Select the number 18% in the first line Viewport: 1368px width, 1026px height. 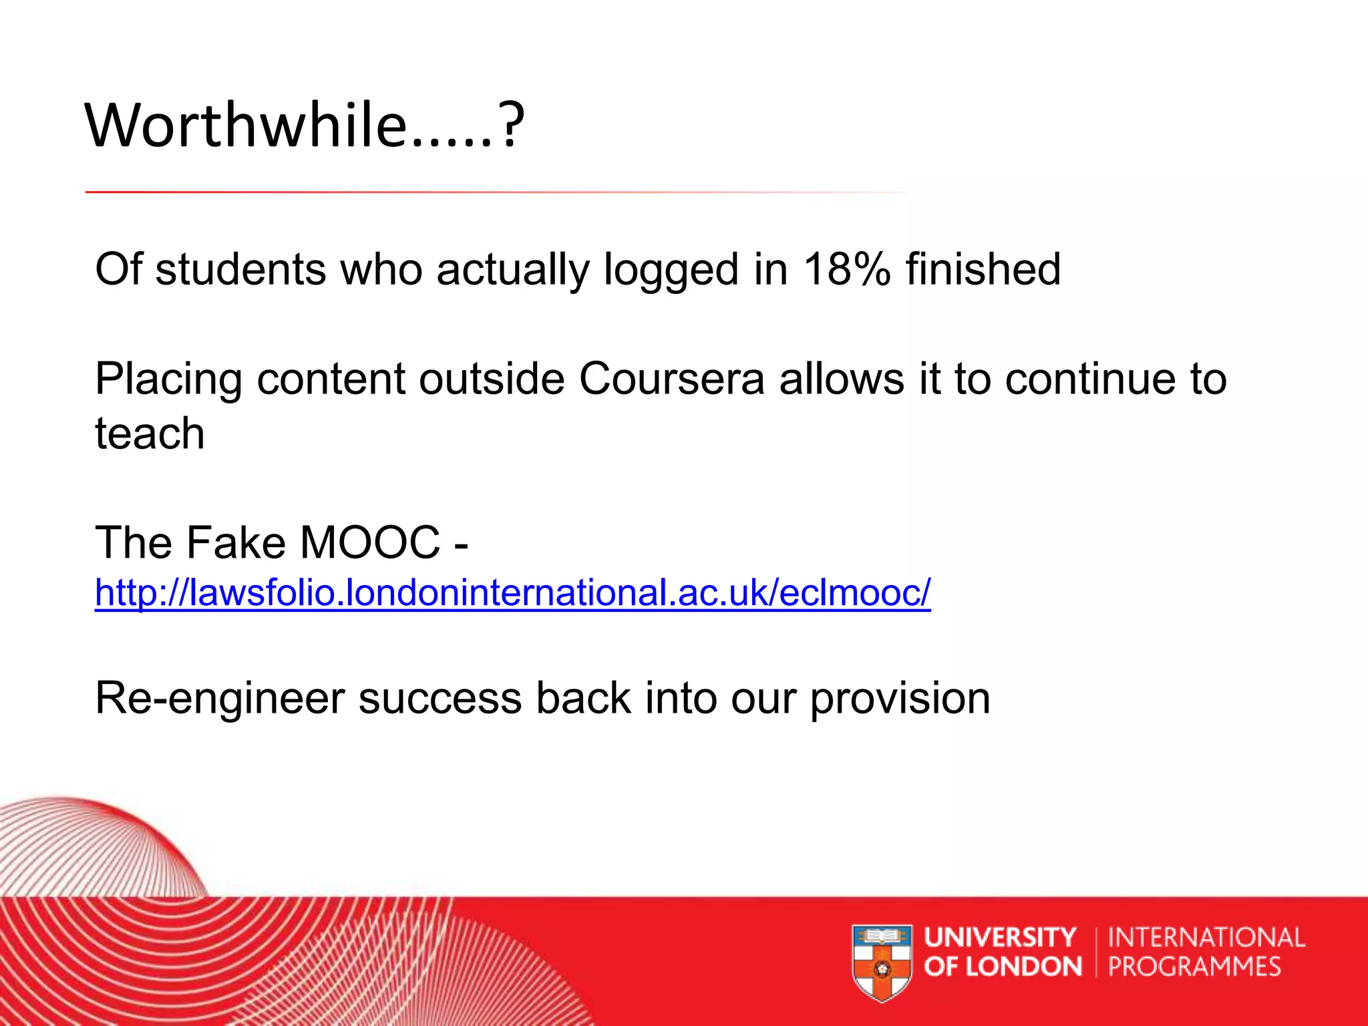846,269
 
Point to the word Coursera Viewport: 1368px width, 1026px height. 671,379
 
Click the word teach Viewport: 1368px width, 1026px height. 150,434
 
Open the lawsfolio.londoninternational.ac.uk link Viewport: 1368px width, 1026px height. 512,592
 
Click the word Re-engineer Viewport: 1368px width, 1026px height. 219,699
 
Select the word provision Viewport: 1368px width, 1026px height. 900,699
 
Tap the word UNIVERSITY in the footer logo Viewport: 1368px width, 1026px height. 1000,937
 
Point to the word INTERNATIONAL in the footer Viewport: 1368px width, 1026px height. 1206,937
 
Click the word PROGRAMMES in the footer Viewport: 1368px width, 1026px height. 1194,967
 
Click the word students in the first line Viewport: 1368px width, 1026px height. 240,269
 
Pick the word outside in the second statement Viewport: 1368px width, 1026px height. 492,379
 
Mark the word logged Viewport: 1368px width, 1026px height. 671,271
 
